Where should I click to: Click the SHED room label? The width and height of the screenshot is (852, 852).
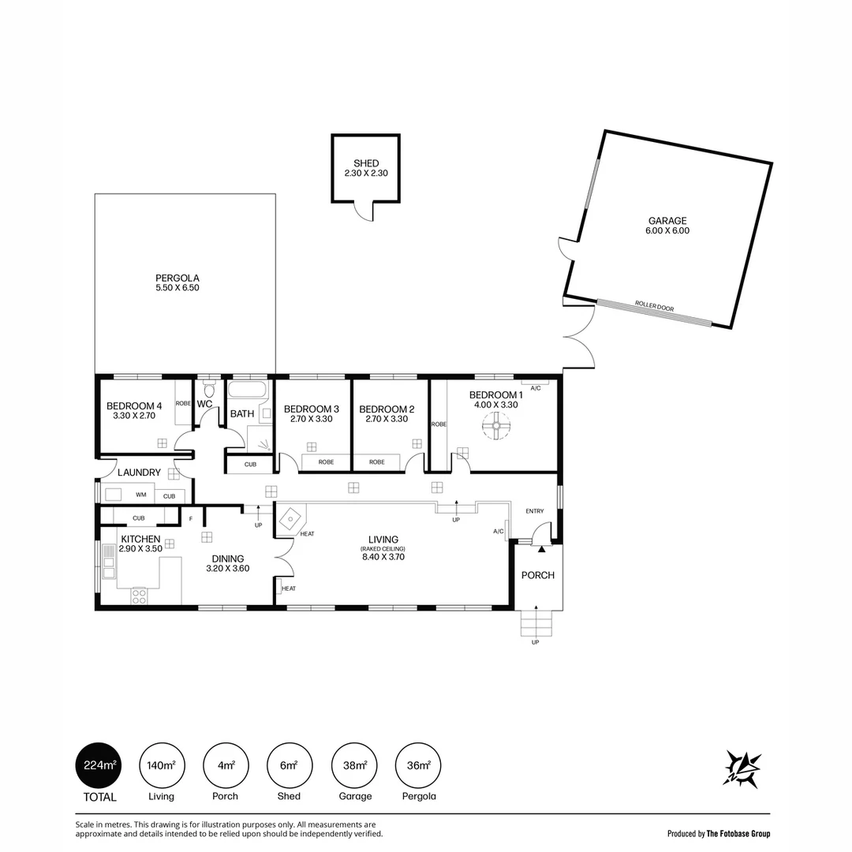coord(366,163)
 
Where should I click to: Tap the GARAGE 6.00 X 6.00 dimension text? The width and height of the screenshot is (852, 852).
coord(667,230)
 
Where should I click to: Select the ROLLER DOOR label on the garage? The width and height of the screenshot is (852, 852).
coord(654,306)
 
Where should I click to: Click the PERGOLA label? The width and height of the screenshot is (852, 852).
coord(177,278)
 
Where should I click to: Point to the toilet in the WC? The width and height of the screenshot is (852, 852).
coord(209,389)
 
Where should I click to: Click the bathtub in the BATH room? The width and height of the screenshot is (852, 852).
coord(247,389)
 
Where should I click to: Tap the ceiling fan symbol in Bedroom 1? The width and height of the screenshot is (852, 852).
coord(496,425)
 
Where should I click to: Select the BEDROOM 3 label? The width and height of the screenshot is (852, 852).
coord(312,409)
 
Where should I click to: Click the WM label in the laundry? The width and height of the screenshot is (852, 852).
coord(140,495)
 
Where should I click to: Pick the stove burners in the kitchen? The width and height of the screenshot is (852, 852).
coord(139,596)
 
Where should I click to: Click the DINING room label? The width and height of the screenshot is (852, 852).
coord(228,559)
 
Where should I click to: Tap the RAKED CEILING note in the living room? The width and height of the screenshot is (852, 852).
coord(383,549)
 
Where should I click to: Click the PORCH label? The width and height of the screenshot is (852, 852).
coord(538,575)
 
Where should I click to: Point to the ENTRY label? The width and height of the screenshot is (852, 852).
coord(535,510)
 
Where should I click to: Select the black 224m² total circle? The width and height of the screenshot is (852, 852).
coord(99,765)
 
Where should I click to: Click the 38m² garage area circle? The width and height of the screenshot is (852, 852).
coord(354,765)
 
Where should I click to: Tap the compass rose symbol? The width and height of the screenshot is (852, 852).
coord(742,769)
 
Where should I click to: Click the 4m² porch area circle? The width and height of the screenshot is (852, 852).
coord(226,765)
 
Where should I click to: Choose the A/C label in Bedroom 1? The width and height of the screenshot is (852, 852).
coord(535,388)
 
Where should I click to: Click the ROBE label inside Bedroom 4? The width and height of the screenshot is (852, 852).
coord(183,403)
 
